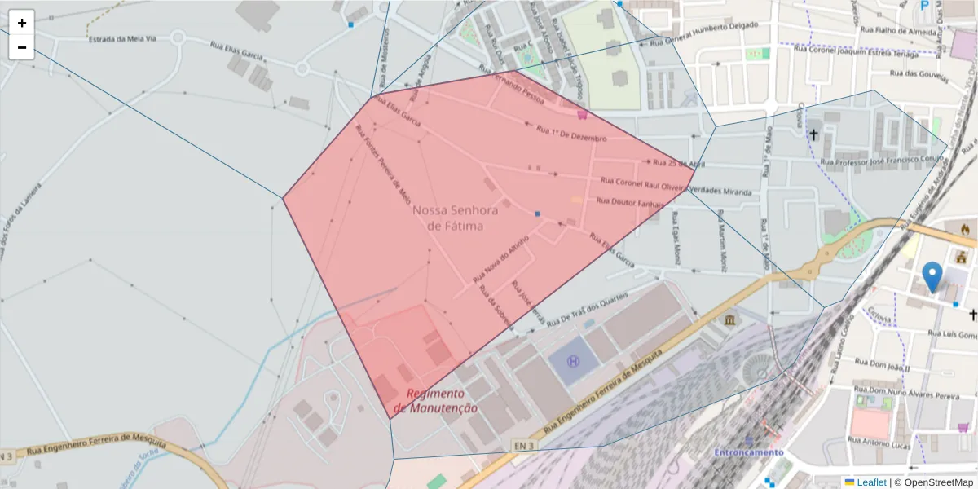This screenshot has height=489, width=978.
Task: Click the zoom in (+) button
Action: click(x=22, y=23)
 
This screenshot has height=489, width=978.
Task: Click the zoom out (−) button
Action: click(x=22, y=47)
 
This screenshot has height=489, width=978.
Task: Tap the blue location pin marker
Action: click(x=932, y=276)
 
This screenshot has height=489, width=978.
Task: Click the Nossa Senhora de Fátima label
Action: click(x=447, y=218)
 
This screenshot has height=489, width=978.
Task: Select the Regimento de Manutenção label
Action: click(x=435, y=400)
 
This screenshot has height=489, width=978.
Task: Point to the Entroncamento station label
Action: click(x=748, y=452)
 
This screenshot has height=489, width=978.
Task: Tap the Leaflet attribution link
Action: click(x=870, y=482)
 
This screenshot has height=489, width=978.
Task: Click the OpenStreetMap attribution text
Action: click(x=938, y=482)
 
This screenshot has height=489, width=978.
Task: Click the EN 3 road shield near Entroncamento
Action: click(x=523, y=445)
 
